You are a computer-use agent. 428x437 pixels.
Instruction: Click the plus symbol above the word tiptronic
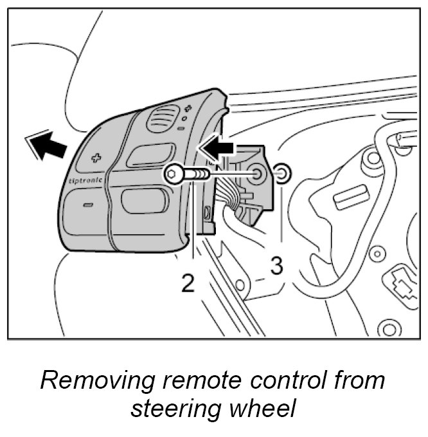click(98, 156)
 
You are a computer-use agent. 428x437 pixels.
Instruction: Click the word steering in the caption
click(172, 409)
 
